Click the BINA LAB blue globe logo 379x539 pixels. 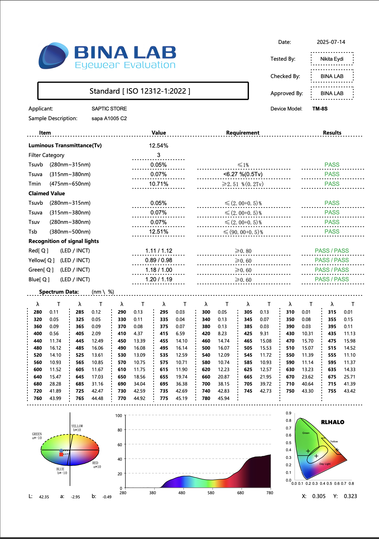[x=53, y=56]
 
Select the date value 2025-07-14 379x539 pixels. [x=331, y=42]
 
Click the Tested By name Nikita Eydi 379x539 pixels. [x=332, y=59]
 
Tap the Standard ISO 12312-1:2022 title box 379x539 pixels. [x=143, y=91]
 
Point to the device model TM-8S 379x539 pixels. [x=320, y=109]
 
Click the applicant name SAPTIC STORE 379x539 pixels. [x=109, y=109]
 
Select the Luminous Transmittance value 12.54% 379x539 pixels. [x=159, y=146]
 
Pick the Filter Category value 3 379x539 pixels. [x=159, y=155]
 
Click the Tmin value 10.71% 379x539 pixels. [x=159, y=184]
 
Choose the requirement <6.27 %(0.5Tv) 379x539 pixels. [x=243, y=174]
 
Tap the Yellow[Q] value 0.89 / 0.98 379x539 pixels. [x=159, y=260]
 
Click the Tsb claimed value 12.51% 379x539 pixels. [x=159, y=232]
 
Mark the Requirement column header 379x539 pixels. [x=243, y=133]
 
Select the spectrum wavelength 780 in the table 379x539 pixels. [x=206, y=398]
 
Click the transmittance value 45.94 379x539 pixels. [x=224, y=398]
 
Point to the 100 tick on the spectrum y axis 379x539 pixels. [x=119, y=416]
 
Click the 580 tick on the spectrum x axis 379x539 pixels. [x=211, y=493]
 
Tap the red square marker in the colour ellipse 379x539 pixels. [x=61, y=454]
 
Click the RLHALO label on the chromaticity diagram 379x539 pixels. [x=333, y=422]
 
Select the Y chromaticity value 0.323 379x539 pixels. [x=350, y=496]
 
